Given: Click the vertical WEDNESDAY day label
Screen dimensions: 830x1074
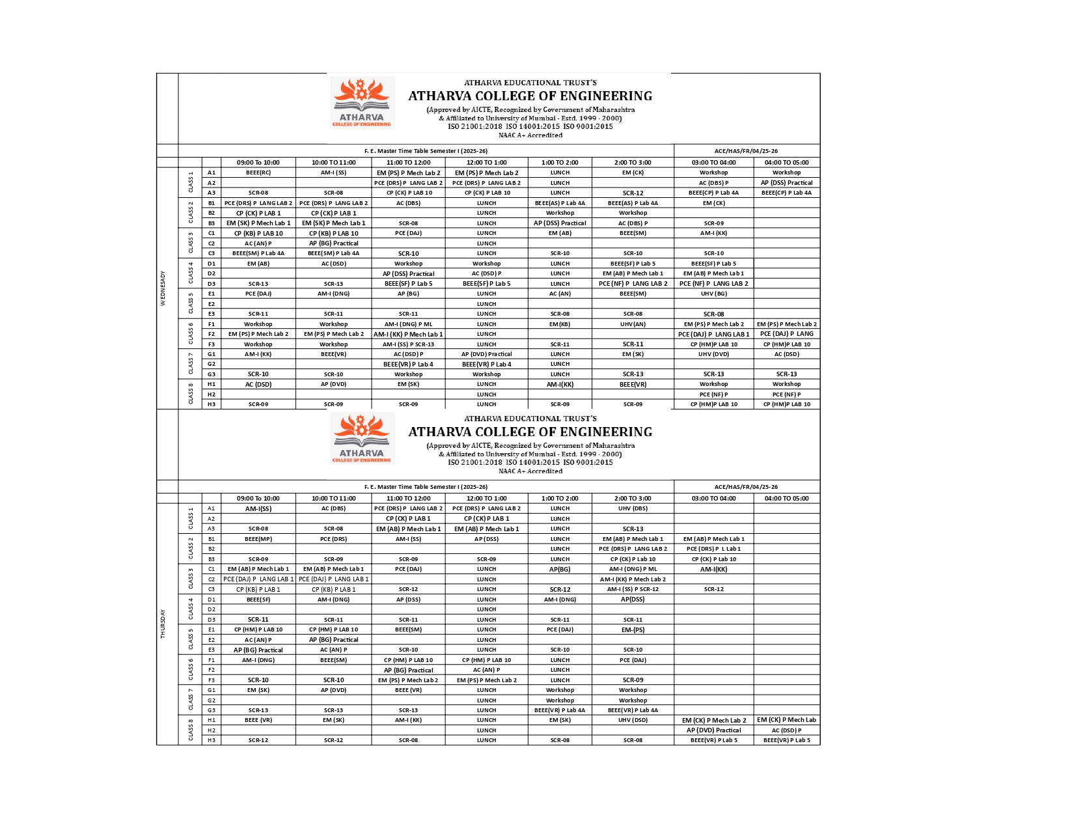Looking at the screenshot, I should click(x=163, y=288).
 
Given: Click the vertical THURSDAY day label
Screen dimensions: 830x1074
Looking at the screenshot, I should click(x=163, y=624).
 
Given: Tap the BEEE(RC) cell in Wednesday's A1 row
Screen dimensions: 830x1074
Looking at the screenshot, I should click(x=258, y=173).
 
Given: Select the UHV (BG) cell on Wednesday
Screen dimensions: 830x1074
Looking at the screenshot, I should click(x=713, y=294).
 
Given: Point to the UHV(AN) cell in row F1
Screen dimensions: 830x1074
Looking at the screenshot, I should click(x=633, y=324).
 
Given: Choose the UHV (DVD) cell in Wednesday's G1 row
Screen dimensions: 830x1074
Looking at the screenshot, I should click(x=713, y=354).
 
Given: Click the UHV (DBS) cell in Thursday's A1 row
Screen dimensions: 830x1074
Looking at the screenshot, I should click(x=633, y=508).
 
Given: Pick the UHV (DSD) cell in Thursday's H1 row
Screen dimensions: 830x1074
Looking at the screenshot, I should click(x=633, y=720).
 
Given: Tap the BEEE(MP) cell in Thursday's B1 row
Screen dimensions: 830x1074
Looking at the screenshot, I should click(x=258, y=539).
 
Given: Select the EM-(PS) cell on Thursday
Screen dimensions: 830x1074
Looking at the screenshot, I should click(x=633, y=629).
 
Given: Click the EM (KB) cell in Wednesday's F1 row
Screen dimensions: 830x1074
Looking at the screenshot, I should click(x=560, y=324).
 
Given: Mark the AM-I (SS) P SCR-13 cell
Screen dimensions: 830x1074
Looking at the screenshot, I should click(x=408, y=344).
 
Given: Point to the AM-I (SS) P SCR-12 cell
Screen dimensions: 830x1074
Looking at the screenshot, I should click(x=633, y=589).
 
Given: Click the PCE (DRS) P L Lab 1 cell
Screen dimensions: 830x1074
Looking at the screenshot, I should click(x=713, y=549).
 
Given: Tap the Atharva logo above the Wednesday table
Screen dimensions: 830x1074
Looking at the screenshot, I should click(x=362, y=103).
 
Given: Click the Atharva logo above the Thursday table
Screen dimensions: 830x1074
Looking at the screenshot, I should click(x=362, y=439).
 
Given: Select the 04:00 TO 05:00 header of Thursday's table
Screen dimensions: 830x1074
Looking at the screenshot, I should click(x=786, y=499).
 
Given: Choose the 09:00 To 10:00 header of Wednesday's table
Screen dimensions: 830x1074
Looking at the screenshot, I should click(x=258, y=163).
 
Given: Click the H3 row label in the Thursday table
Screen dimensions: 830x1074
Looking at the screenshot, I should click(x=212, y=740).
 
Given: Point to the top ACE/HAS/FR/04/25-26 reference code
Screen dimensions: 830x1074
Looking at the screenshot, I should click(x=746, y=151).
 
